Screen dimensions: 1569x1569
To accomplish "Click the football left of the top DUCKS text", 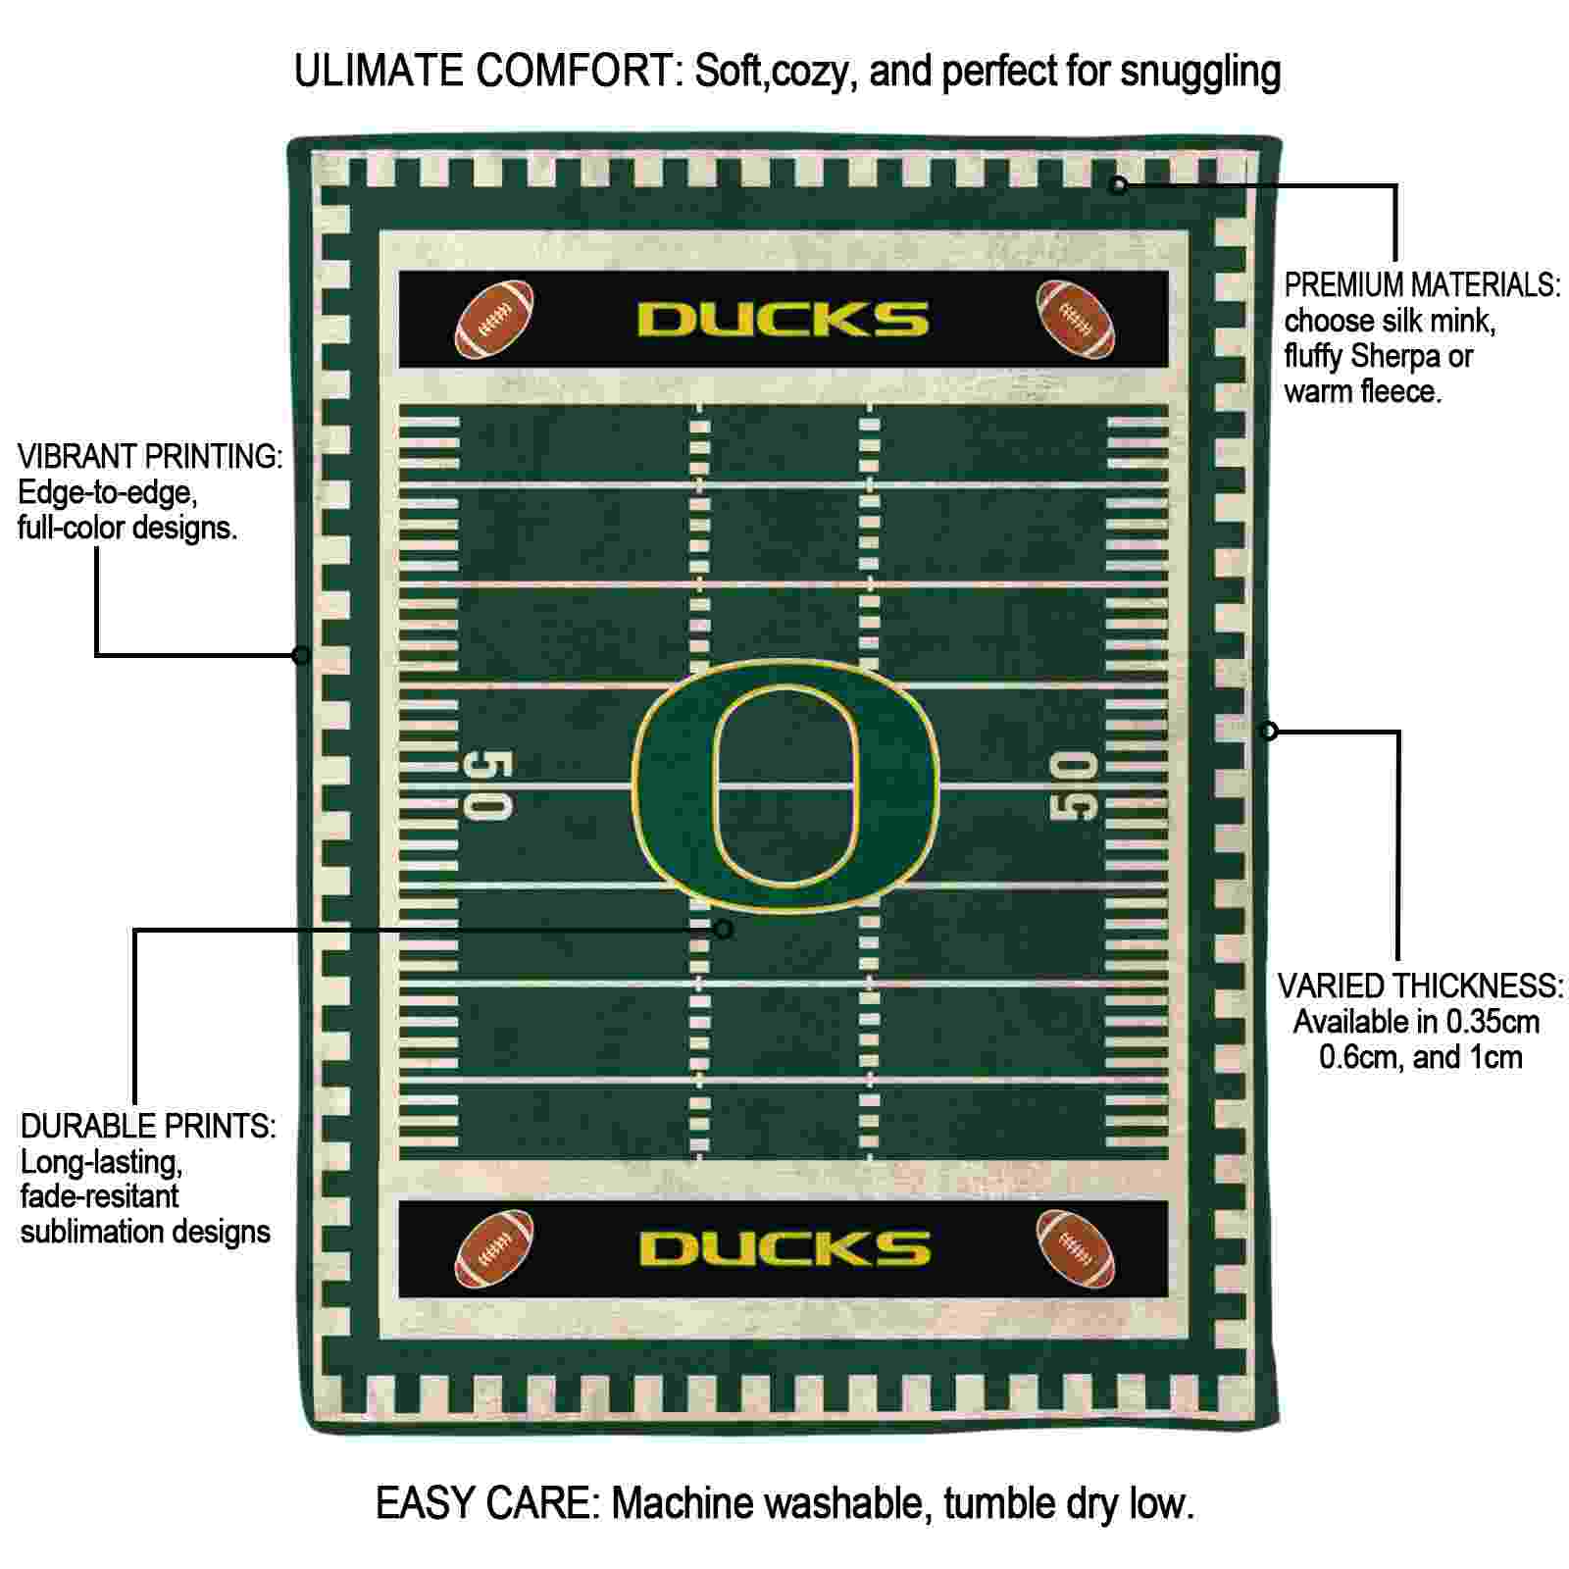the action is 495,319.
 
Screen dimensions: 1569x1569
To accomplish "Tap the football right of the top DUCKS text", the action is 1076,319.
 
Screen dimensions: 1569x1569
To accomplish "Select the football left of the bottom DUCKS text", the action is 495,1248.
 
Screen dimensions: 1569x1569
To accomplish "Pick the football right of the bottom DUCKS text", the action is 1076,1248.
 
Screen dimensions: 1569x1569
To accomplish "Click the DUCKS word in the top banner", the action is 784,320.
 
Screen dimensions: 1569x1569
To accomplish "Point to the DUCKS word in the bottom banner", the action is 784,1248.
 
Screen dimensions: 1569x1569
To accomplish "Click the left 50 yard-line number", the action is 487,784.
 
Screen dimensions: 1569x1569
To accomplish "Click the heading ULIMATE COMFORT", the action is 487,71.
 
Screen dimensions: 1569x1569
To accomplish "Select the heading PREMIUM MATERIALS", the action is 1422,285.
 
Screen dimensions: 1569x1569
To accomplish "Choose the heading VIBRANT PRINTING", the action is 150,456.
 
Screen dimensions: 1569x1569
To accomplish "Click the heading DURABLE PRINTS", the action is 148,1126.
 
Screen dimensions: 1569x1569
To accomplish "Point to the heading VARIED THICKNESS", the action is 1420,986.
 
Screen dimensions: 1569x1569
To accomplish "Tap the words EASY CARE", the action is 487,1503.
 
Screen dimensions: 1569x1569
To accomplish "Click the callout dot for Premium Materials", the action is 1118,183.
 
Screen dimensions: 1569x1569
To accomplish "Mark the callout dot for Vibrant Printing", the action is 302,654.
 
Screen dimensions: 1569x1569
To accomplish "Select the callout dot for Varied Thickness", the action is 1269,731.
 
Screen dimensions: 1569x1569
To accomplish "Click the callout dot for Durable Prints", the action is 724,929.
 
